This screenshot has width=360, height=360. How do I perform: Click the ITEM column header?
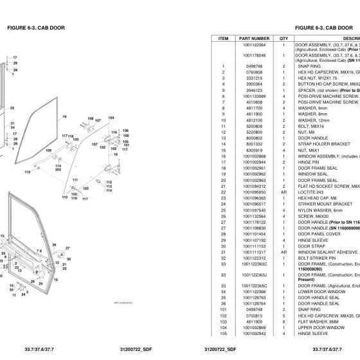(224, 39)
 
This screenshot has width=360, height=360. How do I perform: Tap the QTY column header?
(283, 39)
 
